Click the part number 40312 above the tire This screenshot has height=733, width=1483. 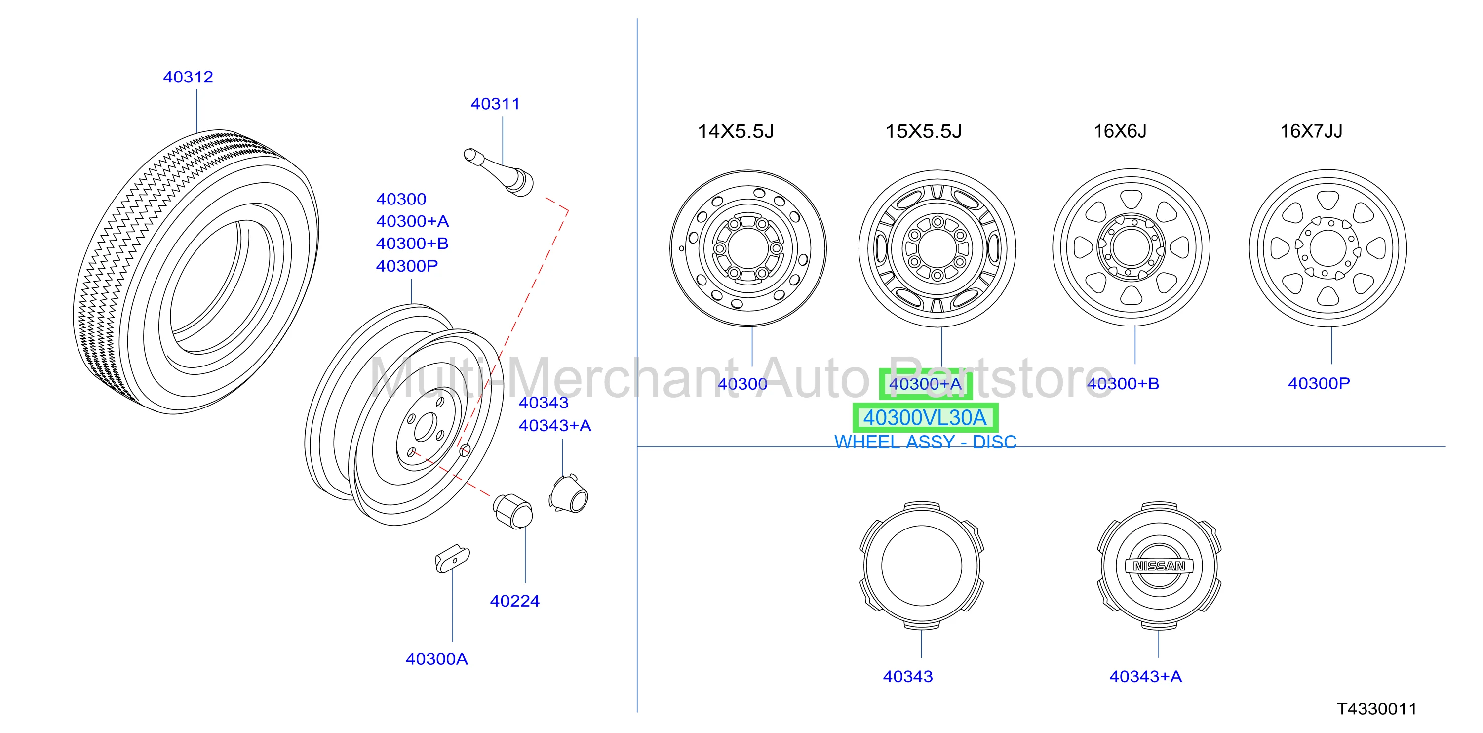point(188,77)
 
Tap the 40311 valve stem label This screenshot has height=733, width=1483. point(495,104)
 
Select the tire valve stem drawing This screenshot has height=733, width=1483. point(499,171)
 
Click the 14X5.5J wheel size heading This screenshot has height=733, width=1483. point(736,131)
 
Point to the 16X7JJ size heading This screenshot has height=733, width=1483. point(1311,131)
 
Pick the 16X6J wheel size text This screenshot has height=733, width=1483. point(1120,131)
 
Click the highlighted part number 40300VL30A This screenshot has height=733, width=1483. point(925,418)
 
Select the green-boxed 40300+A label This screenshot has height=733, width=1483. point(925,384)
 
